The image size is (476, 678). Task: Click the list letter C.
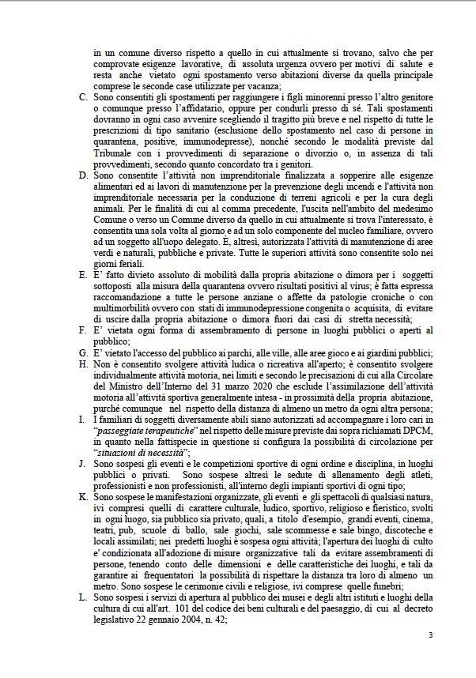tap(85, 96)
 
